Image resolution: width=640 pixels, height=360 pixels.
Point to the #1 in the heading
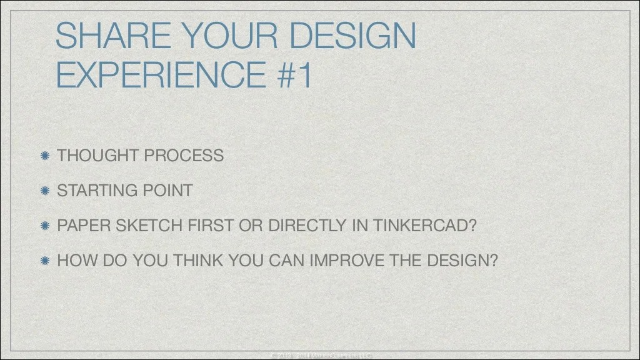[x=293, y=75]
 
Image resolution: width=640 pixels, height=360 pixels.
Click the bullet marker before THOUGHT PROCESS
[x=45, y=156]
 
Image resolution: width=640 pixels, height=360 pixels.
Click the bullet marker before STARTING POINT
[x=45, y=191]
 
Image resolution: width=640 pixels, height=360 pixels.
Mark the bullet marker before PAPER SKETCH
[x=45, y=226]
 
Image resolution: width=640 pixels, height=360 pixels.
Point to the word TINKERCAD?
[x=425, y=226]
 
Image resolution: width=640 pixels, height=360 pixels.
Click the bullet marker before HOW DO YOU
[x=45, y=261]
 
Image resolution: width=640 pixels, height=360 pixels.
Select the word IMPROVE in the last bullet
[x=346, y=261]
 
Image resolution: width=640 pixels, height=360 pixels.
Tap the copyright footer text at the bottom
[x=320, y=356]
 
